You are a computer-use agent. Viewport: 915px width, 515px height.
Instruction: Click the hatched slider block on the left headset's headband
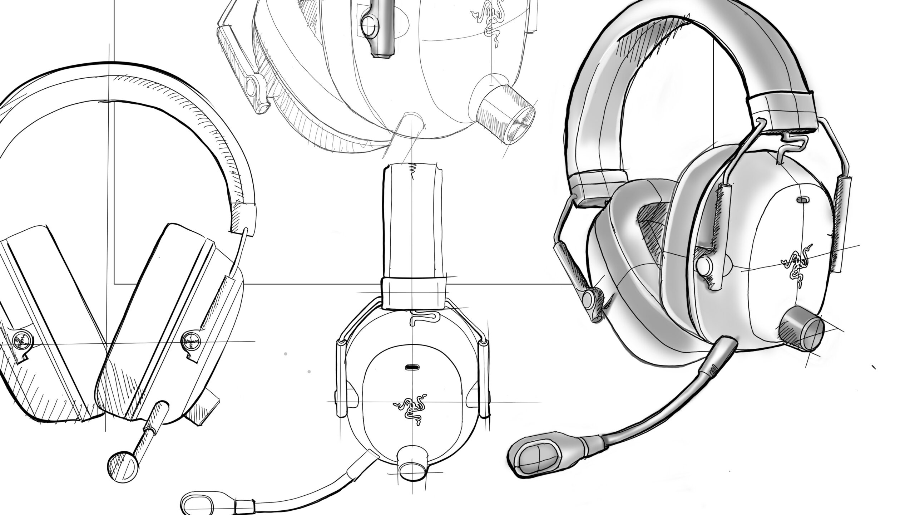point(243,219)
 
